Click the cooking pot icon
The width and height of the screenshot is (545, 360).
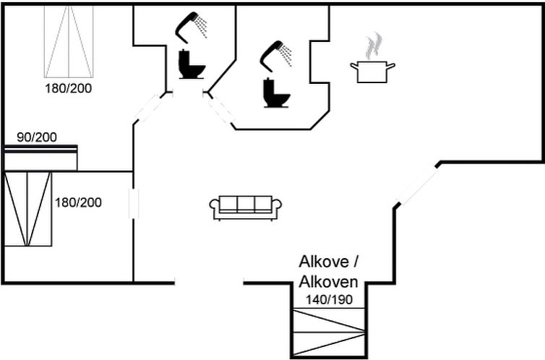pos(372,72)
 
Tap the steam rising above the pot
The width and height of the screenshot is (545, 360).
pos(374,46)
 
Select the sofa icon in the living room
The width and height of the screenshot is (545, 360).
pos(245,208)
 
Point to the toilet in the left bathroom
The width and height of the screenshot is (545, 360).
pos(191,64)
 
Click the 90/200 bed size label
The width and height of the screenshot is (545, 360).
pos(37,137)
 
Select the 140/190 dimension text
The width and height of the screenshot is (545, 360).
pos(329,299)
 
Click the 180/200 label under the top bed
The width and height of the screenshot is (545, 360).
pos(69,88)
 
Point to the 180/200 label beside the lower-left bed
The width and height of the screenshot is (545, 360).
pos(78,202)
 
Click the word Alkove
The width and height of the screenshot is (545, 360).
pos(324,262)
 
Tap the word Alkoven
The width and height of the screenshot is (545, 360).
pos(328,282)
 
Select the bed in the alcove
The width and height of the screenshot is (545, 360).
pos(329,333)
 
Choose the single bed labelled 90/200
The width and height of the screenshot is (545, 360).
pos(40,158)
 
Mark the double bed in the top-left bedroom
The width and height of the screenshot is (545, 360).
pos(69,42)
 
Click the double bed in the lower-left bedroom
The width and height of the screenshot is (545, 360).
pos(27,209)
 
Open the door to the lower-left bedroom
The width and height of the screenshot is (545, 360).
pos(134,204)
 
